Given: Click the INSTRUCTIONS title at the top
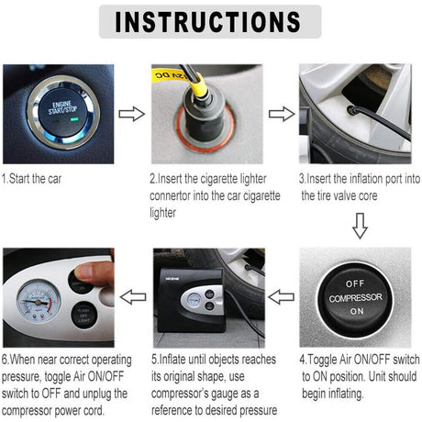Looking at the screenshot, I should click(x=210, y=21).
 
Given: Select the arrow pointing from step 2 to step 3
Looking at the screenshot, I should click(x=281, y=114).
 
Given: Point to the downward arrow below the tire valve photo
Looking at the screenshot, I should click(x=359, y=225).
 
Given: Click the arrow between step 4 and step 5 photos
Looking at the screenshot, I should click(x=281, y=296).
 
